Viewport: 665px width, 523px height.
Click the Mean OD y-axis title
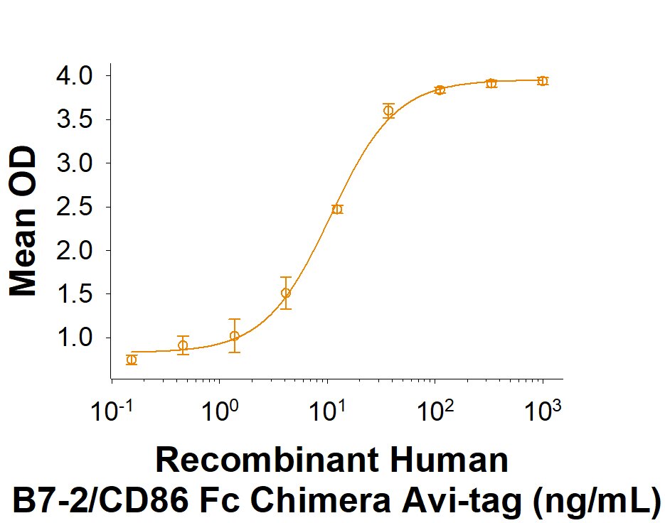click(x=23, y=221)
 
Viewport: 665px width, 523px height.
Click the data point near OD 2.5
click(x=337, y=209)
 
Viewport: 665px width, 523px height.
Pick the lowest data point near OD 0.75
click(x=132, y=360)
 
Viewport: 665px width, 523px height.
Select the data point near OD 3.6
click(x=388, y=110)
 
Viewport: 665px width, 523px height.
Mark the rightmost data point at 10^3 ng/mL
click(x=543, y=81)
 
